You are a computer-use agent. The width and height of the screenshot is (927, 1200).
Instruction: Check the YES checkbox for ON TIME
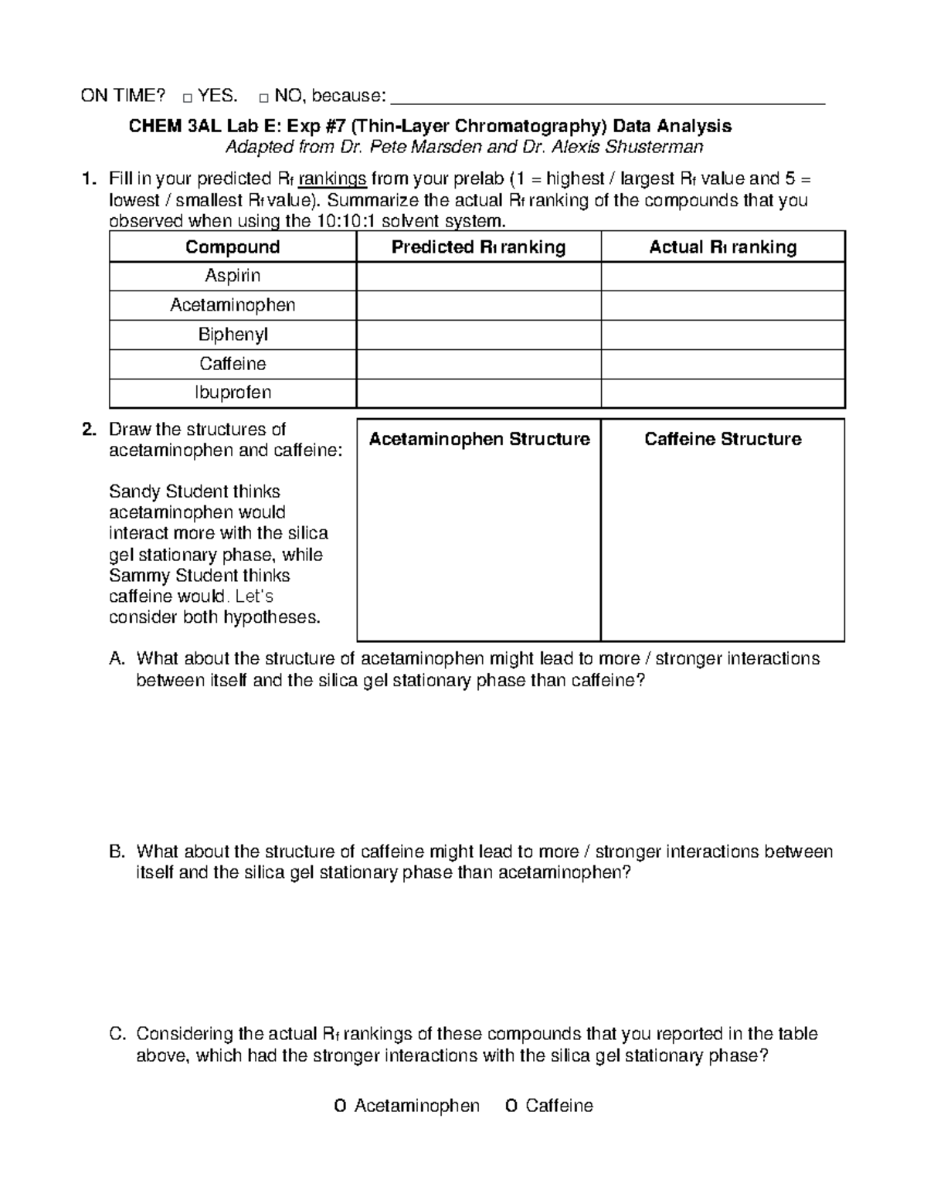pos(188,98)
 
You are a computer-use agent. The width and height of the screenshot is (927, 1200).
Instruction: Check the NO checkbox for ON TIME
pos(263,98)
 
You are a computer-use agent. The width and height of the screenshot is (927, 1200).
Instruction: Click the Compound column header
pos(233,247)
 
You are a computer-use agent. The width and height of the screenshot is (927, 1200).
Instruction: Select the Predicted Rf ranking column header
pos(478,247)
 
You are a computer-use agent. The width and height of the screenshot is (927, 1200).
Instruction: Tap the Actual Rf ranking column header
pos(722,247)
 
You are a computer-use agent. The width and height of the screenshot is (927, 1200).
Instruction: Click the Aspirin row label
pos(233,276)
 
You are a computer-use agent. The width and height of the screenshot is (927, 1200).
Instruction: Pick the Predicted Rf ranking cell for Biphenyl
pos(478,335)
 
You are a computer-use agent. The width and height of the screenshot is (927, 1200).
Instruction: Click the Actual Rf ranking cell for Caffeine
pos(722,364)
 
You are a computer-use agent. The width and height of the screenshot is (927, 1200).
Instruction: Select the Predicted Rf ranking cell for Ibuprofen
pos(478,393)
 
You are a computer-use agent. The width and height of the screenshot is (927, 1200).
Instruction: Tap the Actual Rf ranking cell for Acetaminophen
pos(722,305)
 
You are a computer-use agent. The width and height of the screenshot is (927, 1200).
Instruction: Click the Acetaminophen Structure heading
pos(479,439)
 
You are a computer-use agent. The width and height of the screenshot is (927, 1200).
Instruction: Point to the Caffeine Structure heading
pos(722,439)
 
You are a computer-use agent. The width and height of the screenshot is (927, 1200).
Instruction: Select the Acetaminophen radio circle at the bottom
pos(340,1107)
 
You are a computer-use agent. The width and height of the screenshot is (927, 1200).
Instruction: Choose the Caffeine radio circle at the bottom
pos(511,1107)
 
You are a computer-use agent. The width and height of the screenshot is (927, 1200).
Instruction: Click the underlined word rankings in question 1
pos(332,179)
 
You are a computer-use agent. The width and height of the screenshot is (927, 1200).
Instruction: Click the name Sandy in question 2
pos(131,491)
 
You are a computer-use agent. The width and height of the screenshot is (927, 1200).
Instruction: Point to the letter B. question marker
pos(117,852)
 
